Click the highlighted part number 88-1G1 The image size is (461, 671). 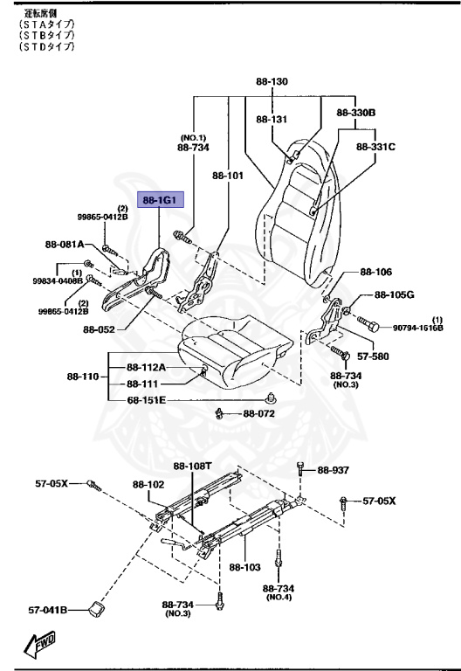click(158, 200)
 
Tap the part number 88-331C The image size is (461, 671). click(375, 147)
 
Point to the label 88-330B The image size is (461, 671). click(355, 113)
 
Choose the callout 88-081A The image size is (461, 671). click(65, 245)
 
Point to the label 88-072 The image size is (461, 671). click(259, 413)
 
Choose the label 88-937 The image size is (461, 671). click(333, 470)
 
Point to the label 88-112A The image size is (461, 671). click(147, 367)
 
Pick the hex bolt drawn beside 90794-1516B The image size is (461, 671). click(370, 327)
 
